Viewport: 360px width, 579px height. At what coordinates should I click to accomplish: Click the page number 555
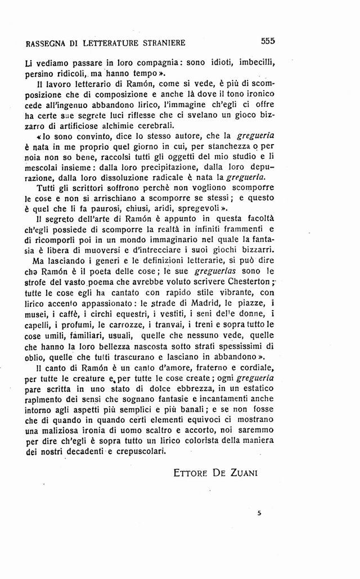point(267,41)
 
